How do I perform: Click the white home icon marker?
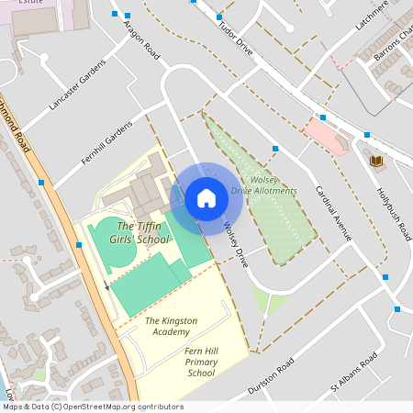click(x=206, y=198)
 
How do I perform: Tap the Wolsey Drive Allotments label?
click(x=264, y=184)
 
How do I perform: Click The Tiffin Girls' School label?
click(x=143, y=232)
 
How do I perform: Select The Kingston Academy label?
click(x=178, y=326)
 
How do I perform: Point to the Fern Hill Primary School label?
click(x=201, y=362)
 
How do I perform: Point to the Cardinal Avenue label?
click(x=333, y=213)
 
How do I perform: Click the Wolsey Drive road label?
click(x=235, y=244)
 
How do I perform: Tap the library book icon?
click(x=374, y=162)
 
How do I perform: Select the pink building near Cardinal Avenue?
click(x=326, y=134)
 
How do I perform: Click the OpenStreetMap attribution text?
click(x=92, y=407)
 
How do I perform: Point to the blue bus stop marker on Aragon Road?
click(x=127, y=16)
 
